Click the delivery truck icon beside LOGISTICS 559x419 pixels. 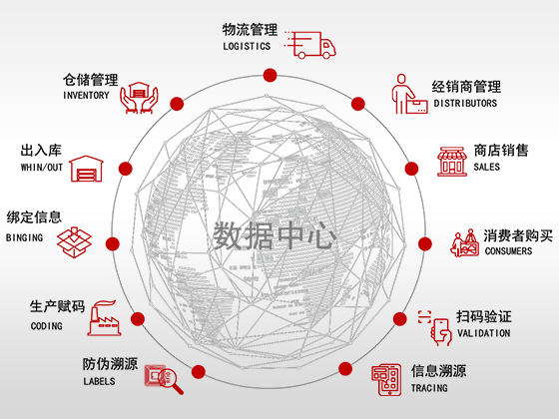coord(310,45)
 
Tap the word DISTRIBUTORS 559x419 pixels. coord(465,103)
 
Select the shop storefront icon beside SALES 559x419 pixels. coord(452,162)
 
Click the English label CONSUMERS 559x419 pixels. coord(508,250)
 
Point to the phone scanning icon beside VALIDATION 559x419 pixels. coord(435,328)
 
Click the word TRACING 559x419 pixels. coord(429,388)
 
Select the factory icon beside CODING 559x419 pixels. coord(104,318)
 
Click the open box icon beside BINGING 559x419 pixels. coord(74,242)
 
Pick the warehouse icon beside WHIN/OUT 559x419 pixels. coord(86,169)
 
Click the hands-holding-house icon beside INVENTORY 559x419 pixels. coord(139,98)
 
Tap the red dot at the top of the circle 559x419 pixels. coord(270,76)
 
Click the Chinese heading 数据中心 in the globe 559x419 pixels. coord(275,235)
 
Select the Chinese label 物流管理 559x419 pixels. coord(250,30)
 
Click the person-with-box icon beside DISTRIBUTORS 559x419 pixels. coord(409,94)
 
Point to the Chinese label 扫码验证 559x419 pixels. coord(484,317)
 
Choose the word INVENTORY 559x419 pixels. coord(86,95)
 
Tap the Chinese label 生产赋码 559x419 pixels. coord(58,306)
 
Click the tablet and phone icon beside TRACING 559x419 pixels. coord(386,380)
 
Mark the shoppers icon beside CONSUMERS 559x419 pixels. coord(465,242)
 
